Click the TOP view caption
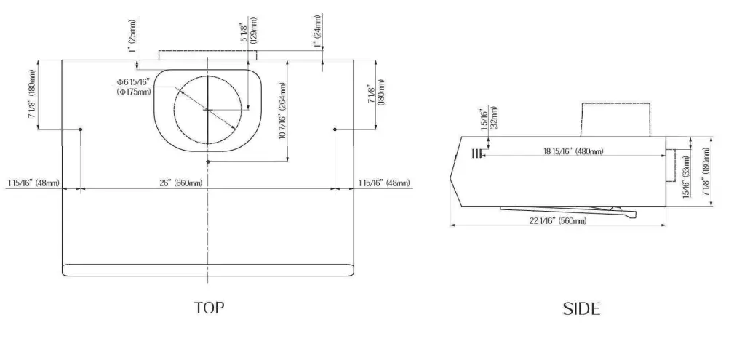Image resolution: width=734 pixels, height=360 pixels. [x=209, y=308]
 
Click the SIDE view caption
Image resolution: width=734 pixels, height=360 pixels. [x=581, y=309]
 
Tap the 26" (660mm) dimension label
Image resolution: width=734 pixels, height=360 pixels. [x=179, y=183]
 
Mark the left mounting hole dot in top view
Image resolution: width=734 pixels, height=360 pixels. [x=80, y=129]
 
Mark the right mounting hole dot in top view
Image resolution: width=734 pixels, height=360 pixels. [x=335, y=129]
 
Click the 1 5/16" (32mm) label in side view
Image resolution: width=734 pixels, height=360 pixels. [x=488, y=119]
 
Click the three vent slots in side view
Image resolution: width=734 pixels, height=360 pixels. [x=476, y=153]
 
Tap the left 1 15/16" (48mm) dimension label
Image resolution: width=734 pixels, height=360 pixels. [x=33, y=183]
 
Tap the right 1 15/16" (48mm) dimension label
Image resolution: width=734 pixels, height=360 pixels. [x=383, y=183]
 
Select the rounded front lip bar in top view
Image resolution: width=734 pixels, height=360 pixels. [x=208, y=270]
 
